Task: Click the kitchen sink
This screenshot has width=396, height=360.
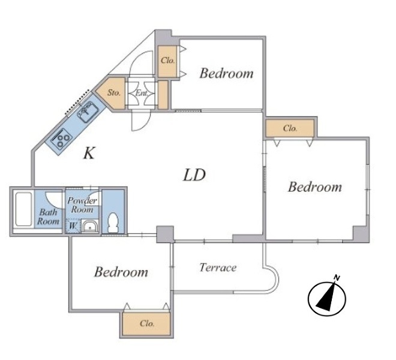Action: click(x=88, y=112)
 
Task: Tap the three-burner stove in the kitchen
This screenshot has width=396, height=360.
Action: click(x=61, y=139)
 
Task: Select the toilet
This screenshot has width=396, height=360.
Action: click(x=113, y=223)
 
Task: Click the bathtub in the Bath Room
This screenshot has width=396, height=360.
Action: click(x=23, y=209)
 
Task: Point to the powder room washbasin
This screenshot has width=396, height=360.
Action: click(x=89, y=226)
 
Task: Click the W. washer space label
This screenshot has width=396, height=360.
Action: click(x=73, y=226)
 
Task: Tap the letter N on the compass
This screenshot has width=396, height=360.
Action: click(x=337, y=278)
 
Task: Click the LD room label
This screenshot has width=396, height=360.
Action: click(x=194, y=175)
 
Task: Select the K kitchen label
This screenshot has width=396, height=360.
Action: click(x=89, y=153)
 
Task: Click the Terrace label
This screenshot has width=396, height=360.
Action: click(x=218, y=268)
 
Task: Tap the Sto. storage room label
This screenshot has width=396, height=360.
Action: click(x=114, y=93)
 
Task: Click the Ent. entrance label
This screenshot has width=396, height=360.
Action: click(x=142, y=93)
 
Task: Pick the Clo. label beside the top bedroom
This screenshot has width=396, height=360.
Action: click(x=167, y=61)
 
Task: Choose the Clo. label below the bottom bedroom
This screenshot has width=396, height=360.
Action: click(x=147, y=323)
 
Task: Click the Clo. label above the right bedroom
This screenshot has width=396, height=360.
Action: click(x=290, y=128)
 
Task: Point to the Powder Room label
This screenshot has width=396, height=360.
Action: click(x=82, y=205)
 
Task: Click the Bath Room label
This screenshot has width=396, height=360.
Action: click(x=48, y=217)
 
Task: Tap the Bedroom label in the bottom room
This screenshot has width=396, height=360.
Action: click(x=121, y=272)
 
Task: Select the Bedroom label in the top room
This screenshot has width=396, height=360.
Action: click(x=226, y=73)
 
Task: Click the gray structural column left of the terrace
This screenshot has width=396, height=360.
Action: click(x=165, y=235)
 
